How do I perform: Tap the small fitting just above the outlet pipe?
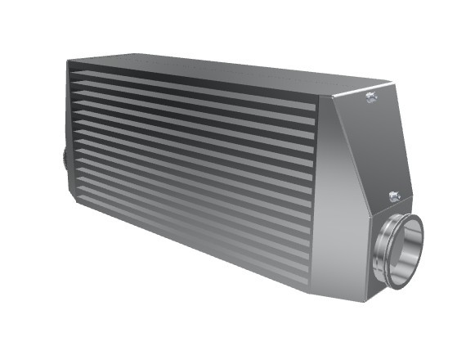[395, 196]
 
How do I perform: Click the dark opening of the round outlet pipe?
[406, 252]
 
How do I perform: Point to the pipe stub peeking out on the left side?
[63, 155]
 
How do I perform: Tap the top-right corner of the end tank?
[391, 84]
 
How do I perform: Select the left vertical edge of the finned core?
[69, 131]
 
